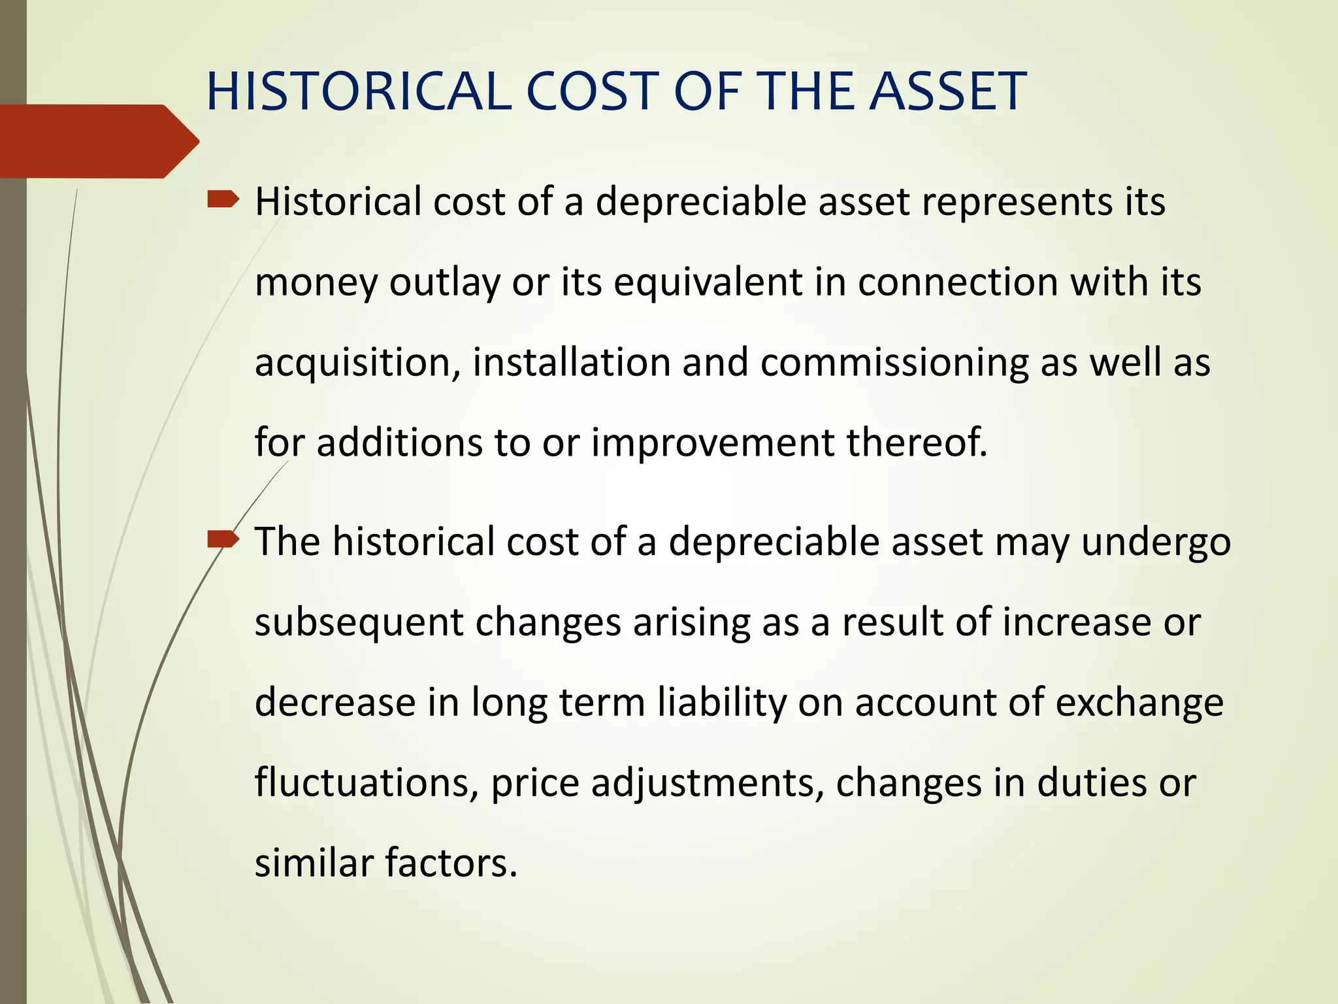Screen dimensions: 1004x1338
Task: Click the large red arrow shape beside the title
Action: [98, 141]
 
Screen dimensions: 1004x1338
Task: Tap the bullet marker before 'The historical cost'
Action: [223, 539]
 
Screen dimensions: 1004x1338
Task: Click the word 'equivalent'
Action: [708, 282]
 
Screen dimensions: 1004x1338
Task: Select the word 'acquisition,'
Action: [358, 363]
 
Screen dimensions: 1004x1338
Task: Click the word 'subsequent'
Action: [359, 623]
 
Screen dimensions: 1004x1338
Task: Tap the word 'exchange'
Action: [1139, 703]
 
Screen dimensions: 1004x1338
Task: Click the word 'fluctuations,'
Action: [367, 782]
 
